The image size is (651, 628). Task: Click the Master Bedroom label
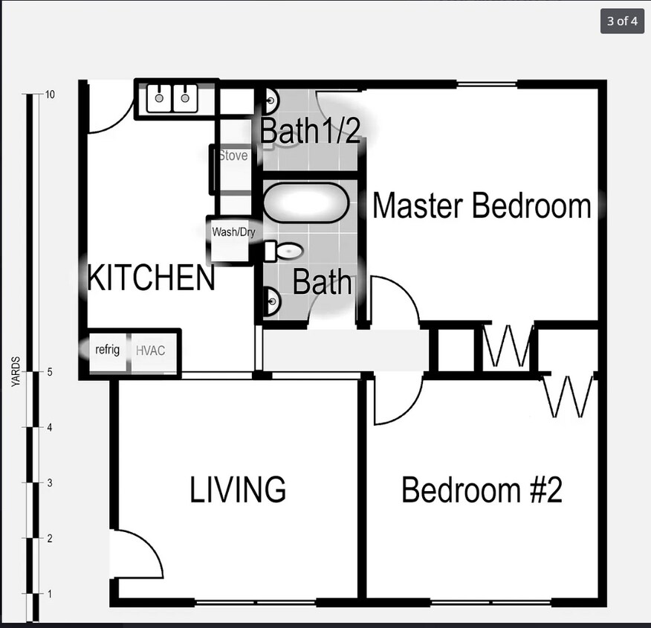pos(482,205)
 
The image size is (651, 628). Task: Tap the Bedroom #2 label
pos(482,490)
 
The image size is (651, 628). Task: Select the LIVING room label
pos(238,490)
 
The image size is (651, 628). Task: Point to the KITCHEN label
pos(151,278)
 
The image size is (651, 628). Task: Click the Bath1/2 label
pos(310,130)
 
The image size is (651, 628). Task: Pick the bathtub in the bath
pos(306,203)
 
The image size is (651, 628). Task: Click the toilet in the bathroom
pos(284,251)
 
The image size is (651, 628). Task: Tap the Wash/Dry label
pos(233,232)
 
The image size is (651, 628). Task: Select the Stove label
pos(233,156)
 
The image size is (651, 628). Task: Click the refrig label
pos(107,350)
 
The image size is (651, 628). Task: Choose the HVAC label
pos(150,350)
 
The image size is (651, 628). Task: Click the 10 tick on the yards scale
pos(49,94)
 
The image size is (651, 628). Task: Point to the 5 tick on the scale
pos(49,372)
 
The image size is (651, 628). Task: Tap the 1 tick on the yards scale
pos(49,594)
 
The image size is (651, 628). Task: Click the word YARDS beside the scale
pos(16,371)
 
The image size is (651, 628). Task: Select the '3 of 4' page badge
pos(622,21)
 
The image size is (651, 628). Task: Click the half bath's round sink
pos(271,101)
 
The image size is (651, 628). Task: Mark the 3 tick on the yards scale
pos(49,483)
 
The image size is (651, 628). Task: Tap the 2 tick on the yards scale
pos(49,538)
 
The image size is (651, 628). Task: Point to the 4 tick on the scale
pos(49,427)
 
